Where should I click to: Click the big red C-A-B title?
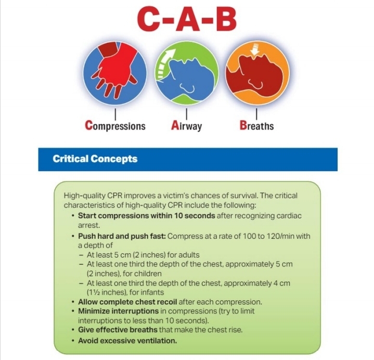(x=187, y=20)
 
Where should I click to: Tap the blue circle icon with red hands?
(x=115, y=73)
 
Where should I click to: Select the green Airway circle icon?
(x=187, y=73)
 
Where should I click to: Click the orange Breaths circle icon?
(x=257, y=73)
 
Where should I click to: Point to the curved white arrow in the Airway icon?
(x=164, y=63)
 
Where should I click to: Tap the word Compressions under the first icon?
(x=115, y=125)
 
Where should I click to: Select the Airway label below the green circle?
(x=186, y=125)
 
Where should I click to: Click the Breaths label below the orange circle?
(x=256, y=125)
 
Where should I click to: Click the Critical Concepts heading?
(x=95, y=159)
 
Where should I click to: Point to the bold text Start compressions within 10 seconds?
(x=147, y=216)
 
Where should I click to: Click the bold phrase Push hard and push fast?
(x=122, y=236)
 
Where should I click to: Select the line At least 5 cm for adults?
(x=143, y=255)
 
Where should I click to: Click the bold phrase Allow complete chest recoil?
(x=127, y=302)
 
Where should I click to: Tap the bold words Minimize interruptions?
(x=118, y=311)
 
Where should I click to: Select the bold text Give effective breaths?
(x=118, y=330)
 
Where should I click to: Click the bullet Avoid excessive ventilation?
(x=127, y=341)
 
